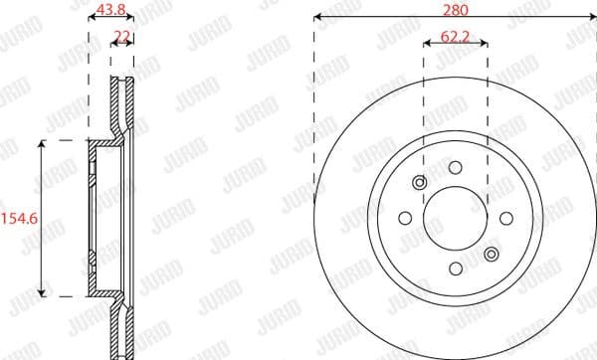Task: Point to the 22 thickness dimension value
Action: pyautogui.click(x=122, y=36)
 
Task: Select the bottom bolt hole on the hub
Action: pyautogui.click(x=455, y=268)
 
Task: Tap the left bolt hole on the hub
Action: pyautogui.click(x=405, y=218)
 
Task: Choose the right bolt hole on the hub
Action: pyautogui.click(x=505, y=218)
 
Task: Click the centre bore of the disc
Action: pyautogui.click(x=455, y=218)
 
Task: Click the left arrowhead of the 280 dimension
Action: pyautogui.click(x=317, y=18)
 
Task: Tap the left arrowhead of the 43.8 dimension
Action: pyautogui.click(x=92, y=18)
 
